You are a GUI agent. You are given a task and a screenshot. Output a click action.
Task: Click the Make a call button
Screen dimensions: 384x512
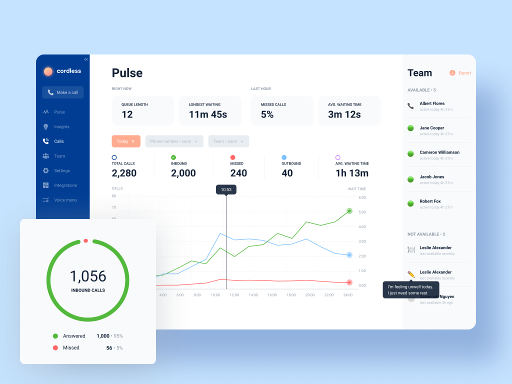point(63,92)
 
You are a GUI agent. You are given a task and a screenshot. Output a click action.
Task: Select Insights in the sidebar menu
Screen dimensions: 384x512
point(61,127)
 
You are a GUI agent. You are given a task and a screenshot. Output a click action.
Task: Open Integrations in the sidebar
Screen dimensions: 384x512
point(65,185)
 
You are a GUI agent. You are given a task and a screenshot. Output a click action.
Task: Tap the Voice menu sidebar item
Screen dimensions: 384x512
point(65,200)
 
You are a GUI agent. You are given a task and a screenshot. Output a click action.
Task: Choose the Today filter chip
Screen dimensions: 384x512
point(126,141)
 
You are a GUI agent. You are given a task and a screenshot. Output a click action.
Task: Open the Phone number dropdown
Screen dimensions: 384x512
point(174,141)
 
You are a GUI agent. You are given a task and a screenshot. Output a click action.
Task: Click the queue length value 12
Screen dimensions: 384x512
point(127,114)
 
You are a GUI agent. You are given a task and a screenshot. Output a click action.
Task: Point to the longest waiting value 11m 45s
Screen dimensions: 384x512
point(207,114)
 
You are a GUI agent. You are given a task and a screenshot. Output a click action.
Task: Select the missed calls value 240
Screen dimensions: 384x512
point(238,173)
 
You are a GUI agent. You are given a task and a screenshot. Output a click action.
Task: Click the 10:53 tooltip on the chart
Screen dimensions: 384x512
point(226,189)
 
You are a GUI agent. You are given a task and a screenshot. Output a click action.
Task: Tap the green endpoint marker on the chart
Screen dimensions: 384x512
point(349,211)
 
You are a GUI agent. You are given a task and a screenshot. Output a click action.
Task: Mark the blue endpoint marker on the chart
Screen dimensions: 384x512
point(349,255)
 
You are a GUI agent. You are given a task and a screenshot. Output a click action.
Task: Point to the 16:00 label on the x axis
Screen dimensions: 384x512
point(272,295)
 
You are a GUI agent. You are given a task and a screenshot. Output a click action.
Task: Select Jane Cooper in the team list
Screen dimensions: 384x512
point(431,128)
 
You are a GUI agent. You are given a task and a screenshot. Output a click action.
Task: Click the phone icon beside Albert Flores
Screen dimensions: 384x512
point(410,106)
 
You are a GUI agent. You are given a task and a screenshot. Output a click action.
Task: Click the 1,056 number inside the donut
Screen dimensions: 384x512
point(88,276)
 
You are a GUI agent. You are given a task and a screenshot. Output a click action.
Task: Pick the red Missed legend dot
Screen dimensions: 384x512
point(55,347)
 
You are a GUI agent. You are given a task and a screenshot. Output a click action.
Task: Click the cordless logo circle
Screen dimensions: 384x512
point(48,71)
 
